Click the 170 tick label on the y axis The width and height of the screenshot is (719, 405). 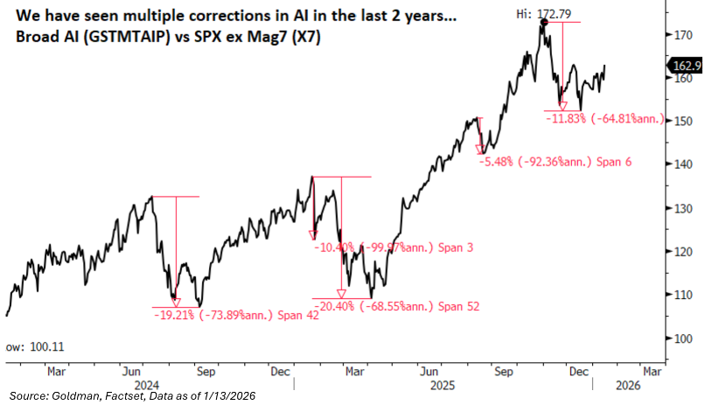(x=683, y=35)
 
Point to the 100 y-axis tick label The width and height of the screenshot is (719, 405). (x=683, y=339)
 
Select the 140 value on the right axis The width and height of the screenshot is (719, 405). (x=683, y=164)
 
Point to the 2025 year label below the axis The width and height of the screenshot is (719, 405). (x=439, y=384)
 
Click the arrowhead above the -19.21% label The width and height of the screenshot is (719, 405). (x=177, y=302)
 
